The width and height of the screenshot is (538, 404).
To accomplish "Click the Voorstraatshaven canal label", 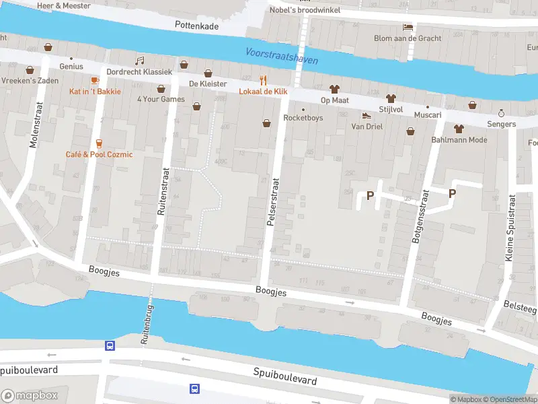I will click(281, 56).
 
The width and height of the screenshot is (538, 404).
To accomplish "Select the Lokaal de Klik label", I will click(265, 91).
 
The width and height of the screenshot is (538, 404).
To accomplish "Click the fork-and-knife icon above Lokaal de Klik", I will click(264, 79).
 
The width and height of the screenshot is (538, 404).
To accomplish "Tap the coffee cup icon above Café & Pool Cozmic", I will click(99, 143).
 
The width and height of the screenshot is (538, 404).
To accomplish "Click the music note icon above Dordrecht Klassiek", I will click(140, 61).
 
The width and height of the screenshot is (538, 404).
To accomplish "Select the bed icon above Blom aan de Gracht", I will click(408, 27).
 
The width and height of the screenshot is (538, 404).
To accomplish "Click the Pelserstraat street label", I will click(274, 203).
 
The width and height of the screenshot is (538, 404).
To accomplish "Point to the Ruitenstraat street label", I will click(161, 191).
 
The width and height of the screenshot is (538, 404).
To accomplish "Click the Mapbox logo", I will click(30, 396).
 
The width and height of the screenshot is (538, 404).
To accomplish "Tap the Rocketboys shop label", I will click(303, 118).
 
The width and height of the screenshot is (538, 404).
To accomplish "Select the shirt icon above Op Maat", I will click(334, 89).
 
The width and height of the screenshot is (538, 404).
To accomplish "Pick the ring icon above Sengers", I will click(501, 112).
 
